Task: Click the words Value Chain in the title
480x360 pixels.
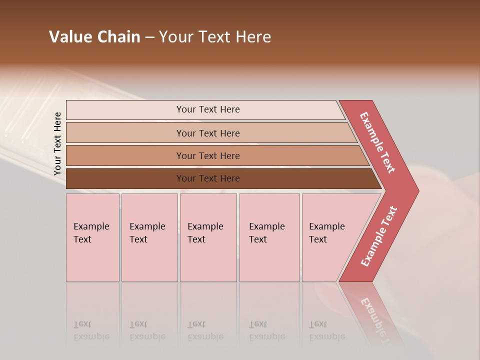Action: (x=94, y=37)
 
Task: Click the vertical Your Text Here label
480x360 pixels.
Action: (x=57, y=143)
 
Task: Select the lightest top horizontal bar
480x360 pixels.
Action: (x=125, y=110)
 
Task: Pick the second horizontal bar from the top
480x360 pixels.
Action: (x=125, y=133)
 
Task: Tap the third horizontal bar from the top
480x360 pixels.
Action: (x=125, y=155)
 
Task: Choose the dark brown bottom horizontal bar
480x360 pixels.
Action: (x=125, y=178)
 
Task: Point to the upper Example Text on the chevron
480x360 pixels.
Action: (x=377, y=142)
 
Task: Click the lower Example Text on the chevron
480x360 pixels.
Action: (x=379, y=236)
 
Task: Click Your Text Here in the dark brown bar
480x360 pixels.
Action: (x=208, y=178)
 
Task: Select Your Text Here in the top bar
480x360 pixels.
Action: (x=208, y=109)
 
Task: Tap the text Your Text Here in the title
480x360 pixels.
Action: (x=215, y=37)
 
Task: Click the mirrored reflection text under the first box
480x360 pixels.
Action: (x=91, y=330)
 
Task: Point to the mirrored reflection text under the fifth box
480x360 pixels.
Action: (x=326, y=330)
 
